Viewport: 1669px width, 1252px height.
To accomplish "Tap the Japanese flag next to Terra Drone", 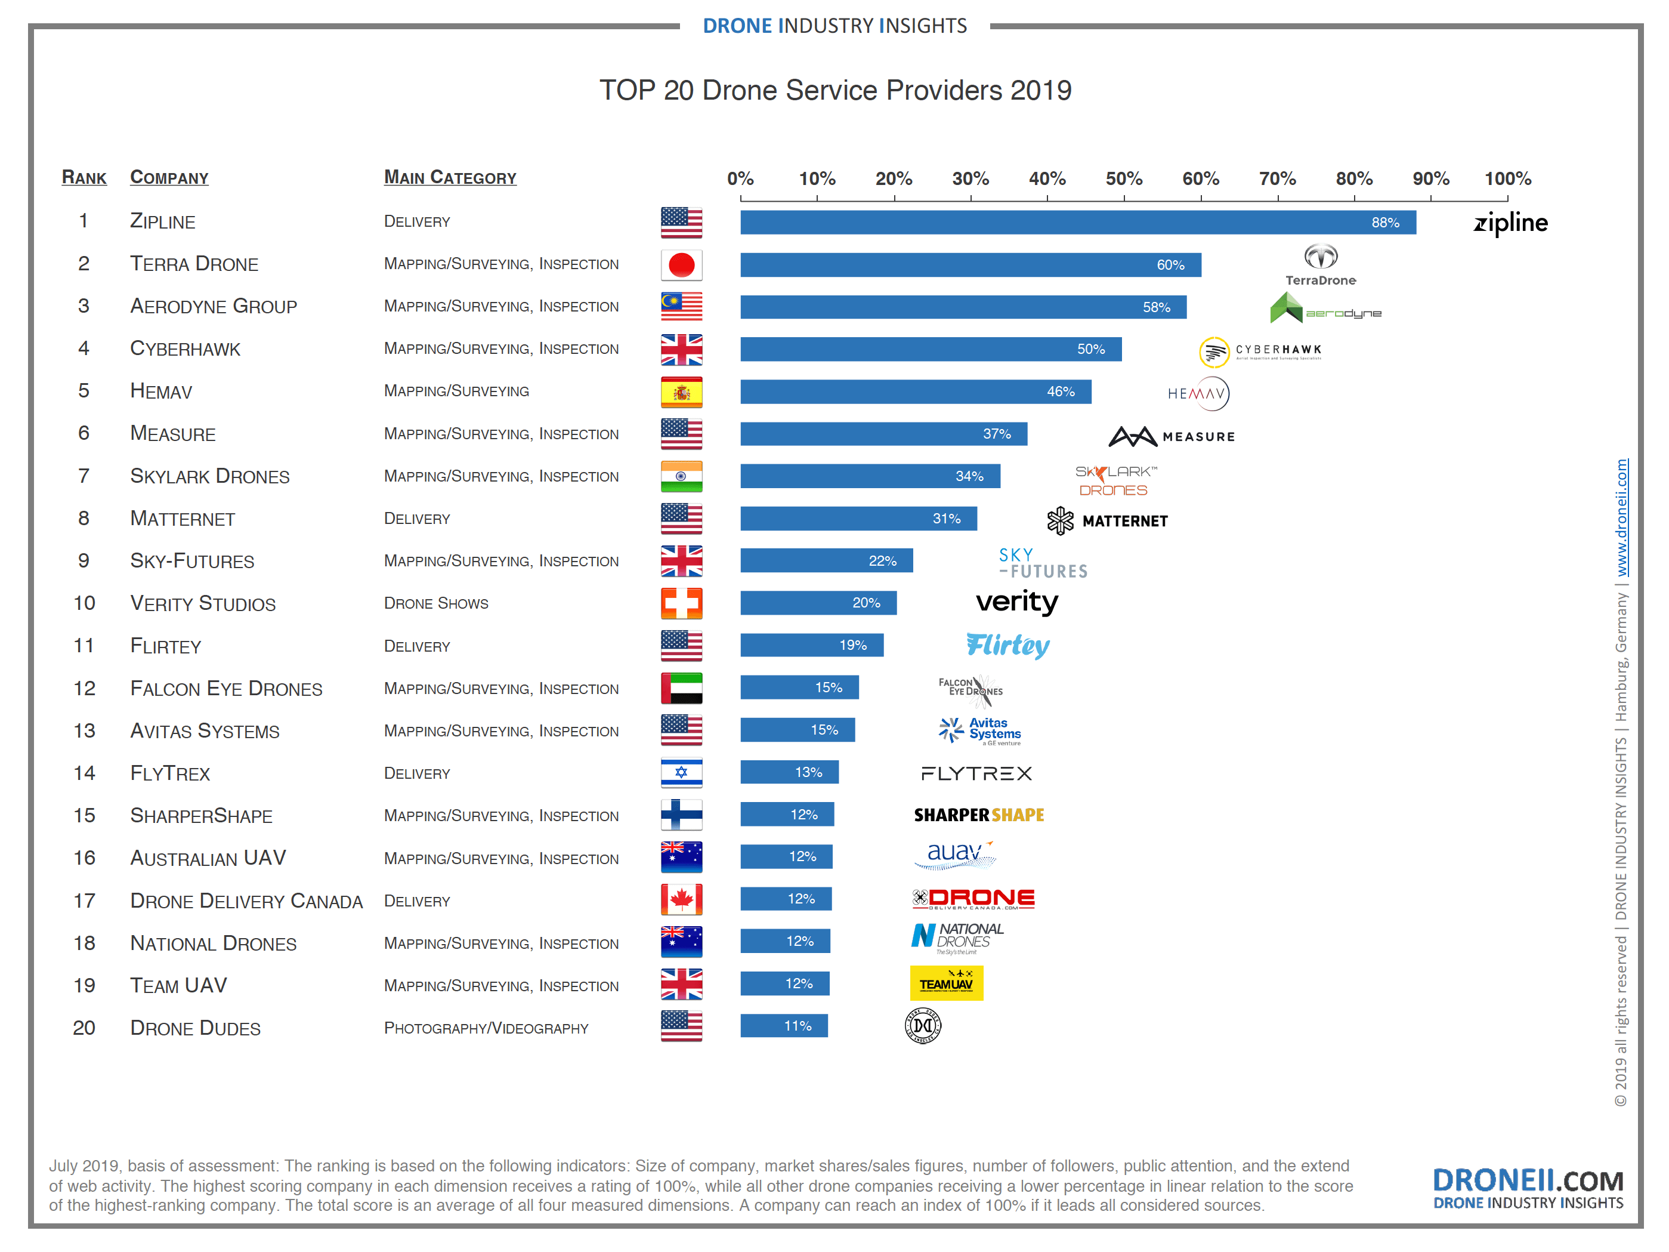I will [681, 265].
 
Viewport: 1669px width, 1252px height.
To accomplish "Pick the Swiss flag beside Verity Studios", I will [681, 603].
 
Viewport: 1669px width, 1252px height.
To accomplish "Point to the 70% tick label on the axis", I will [1278, 179].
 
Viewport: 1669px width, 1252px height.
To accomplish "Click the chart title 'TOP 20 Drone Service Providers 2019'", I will [835, 91].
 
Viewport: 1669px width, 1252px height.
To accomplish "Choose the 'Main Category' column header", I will [450, 177].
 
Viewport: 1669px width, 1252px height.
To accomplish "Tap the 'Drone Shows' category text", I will [436, 604].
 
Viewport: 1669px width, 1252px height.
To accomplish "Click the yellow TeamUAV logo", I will [946, 983].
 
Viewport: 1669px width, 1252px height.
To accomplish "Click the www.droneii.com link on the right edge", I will [1621, 518].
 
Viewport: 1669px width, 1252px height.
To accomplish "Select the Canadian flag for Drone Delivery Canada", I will [681, 899].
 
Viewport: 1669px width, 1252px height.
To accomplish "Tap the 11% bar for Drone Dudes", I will [784, 1026].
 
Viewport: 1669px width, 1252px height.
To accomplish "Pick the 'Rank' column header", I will [84, 177].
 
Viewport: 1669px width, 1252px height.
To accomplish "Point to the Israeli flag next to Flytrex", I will [681, 772].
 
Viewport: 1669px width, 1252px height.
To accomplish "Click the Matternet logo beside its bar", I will [1107, 521].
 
